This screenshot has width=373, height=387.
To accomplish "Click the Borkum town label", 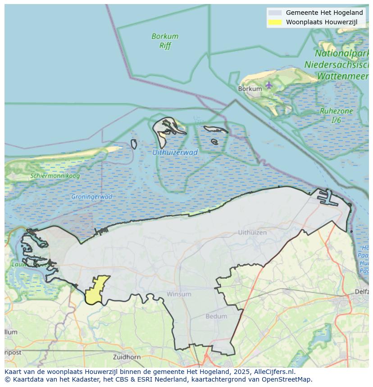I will tap(250, 89).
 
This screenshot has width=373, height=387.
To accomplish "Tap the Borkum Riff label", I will tap(165, 41).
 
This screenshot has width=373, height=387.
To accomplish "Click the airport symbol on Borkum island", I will tap(269, 85).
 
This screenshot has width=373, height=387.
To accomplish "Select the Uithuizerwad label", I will tap(175, 152).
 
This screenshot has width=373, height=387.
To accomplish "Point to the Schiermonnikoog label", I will tap(55, 176).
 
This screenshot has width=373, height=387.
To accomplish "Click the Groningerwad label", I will tap(91, 197).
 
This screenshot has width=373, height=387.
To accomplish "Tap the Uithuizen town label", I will tap(252, 232).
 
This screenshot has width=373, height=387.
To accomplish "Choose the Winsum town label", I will tap(179, 294).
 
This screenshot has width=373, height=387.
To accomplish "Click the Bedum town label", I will tap(216, 316).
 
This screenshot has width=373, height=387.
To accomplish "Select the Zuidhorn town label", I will tap(127, 357).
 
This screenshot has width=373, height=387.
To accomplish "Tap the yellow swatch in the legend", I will tap(274, 22).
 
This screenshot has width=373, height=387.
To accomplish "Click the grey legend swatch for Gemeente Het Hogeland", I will tap(274, 13).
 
